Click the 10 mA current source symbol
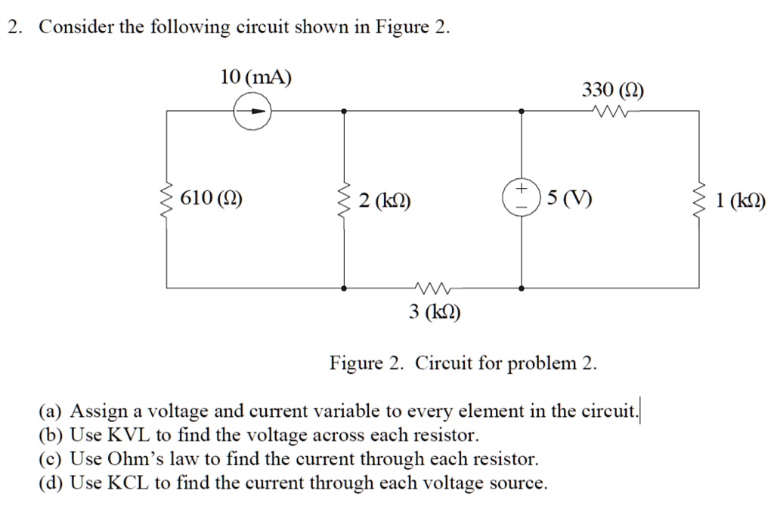tap(252, 113)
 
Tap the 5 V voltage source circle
tap(522, 199)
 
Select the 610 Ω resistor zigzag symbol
tap(167, 199)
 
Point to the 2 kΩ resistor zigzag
tap(345, 199)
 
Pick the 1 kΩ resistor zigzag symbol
tap(700, 199)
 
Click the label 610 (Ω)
tap(212, 199)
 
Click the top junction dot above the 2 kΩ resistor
tap(345, 111)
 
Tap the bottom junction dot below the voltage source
tap(522, 288)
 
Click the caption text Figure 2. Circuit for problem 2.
tap(463, 363)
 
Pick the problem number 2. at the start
tap(14, 27)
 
